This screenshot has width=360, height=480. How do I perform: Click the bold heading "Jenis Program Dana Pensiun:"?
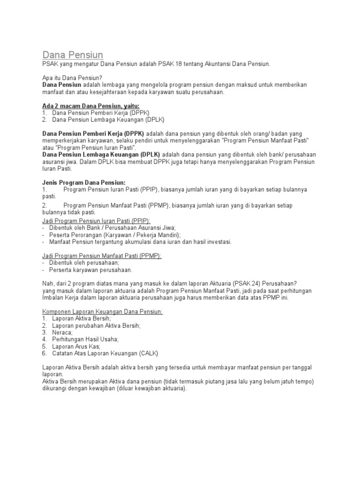pos(84,182)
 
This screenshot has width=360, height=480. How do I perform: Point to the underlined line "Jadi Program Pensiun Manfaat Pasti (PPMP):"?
pos(102,256)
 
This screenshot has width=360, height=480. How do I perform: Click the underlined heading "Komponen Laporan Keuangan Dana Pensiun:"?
pos(103,312)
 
